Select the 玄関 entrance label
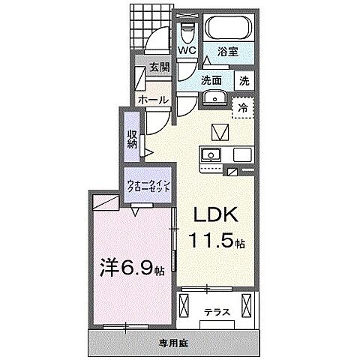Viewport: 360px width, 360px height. point(158,67)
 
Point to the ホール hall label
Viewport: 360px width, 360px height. point(152,99)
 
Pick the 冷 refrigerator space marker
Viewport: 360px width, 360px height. point(243,107)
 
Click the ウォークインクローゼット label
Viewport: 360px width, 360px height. point(148,186)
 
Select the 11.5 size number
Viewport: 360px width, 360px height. point(212,242)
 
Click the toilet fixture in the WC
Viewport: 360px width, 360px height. point(187,32)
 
